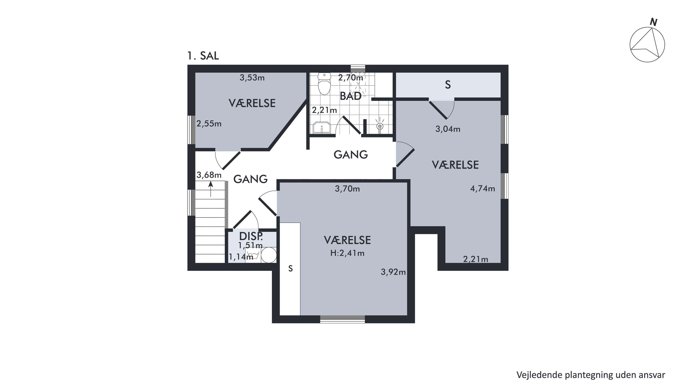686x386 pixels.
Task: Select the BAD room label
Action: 351,96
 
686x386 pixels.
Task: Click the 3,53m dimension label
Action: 252,78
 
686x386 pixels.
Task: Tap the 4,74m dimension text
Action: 482,189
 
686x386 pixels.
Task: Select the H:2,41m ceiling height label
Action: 347,253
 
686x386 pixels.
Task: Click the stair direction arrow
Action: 211,189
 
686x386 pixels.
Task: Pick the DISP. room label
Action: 251,236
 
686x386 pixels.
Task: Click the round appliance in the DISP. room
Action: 268,255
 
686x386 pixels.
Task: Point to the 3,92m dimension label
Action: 393,272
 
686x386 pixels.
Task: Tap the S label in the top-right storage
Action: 448,85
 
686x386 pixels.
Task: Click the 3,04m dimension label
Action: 448,129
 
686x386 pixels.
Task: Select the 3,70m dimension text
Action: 347,189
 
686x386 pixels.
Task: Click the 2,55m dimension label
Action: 209,124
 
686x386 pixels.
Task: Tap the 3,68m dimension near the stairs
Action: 209,175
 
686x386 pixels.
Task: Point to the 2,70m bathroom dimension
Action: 351,78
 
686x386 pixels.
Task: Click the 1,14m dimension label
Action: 241,257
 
